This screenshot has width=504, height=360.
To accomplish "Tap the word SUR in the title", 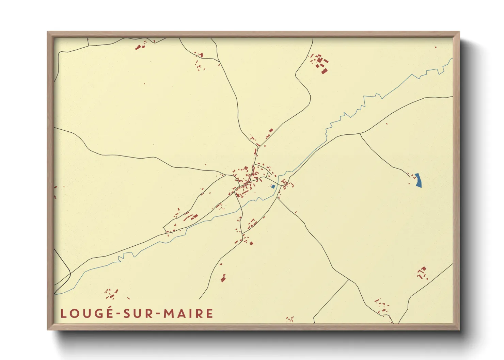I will (x=137, y=313).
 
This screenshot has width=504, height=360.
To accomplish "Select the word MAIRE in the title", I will (x=188, y=313).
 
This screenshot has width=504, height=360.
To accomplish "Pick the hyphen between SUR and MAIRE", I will (x=158, y=314).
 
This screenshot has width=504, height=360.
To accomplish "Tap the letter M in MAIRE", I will (x=168, y=313).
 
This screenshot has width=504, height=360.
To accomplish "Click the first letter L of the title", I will (x=63, y=313).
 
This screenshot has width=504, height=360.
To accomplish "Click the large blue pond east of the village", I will (x=419, y=180).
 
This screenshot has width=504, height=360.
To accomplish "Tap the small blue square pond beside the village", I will (x=273, y=186).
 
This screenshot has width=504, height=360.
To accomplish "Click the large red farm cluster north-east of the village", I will (x=320, y=63).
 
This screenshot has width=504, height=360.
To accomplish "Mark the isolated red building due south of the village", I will (x=223, y=278).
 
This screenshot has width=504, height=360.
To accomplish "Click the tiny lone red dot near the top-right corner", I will (x=436, y=47).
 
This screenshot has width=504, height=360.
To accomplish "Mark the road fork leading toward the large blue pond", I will (x=360, y=134).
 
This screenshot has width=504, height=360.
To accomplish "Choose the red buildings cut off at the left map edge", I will (x=56, y=192).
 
